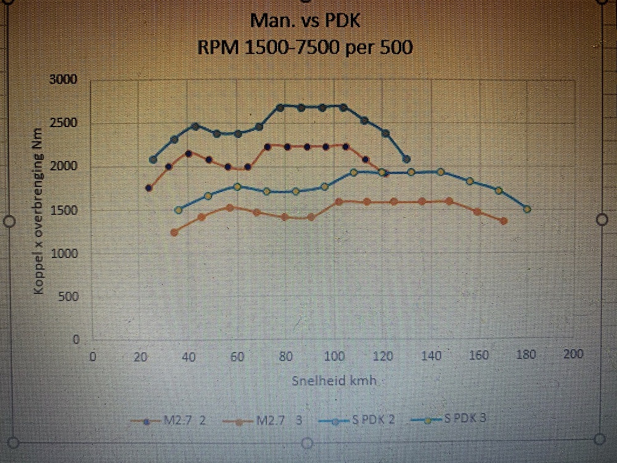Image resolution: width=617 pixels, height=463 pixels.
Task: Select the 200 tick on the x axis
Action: pyautogui.click(x=574, y=355)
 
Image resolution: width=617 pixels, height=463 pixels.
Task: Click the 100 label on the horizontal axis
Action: pyautogui.click(x=334, y=356)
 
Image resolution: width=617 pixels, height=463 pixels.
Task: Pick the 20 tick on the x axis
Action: pyautogui.click(x=141, y=356)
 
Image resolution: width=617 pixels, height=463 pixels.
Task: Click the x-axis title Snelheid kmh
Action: pyautogui.click(x=333, y=380)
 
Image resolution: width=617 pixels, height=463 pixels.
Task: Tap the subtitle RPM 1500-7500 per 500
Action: pyautogui.click(x=305, y=47)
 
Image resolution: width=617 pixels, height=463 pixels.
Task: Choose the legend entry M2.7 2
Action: pyautogui.click(x=168, y=420)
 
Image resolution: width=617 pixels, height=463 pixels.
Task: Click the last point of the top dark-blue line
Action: pyautogui.click(x=406, y=159)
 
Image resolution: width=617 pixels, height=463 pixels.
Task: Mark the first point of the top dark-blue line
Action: pyautogui.click(x=153, y=159)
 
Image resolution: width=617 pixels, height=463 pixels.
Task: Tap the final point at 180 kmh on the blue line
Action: pyautogui.click(x=527, y=209)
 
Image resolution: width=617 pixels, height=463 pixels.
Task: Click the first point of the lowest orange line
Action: pyautogui.click(x=174, y=232)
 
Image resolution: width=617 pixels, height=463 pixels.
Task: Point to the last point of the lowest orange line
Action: pyautogui.click(x=504, y=220)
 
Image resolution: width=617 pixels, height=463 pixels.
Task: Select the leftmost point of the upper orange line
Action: pyautogui.click(x=149, y=188)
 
